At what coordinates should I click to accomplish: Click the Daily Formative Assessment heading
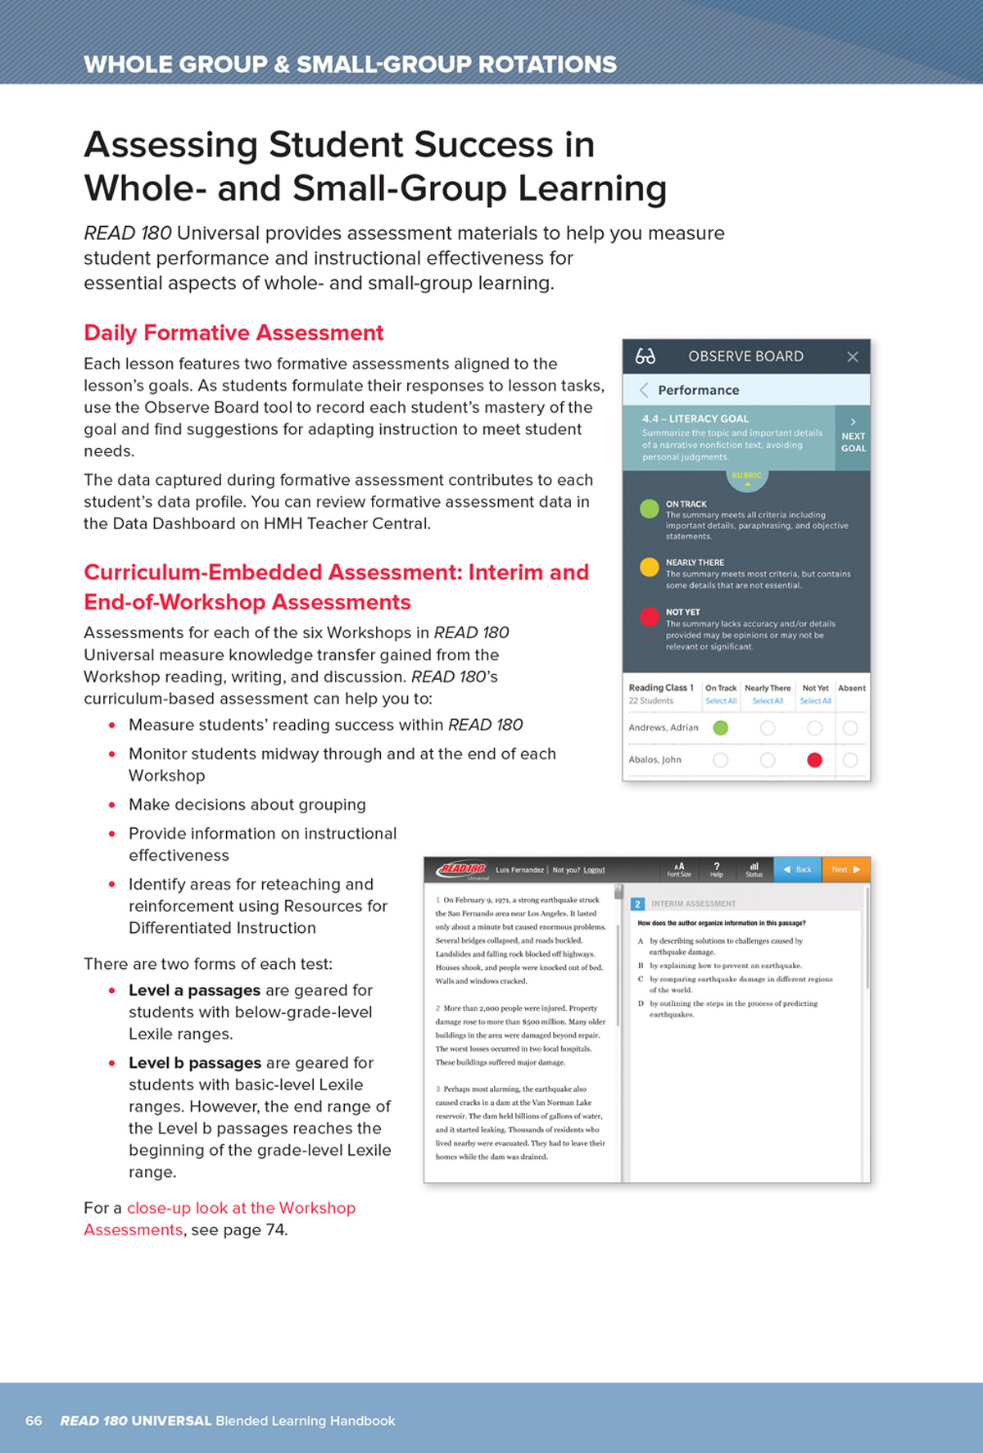tap(233, 333)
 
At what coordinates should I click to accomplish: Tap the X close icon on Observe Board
tap(852, 357)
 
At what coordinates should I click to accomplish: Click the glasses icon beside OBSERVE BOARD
tap(646, 356)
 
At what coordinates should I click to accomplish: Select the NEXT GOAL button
tap(853, 437)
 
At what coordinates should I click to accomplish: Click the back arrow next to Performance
tap(644, 390)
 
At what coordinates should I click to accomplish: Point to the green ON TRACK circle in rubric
tap(649, 509)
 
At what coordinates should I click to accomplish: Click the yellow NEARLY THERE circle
tap(649, 567)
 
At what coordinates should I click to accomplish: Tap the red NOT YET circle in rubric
tap(649, 617)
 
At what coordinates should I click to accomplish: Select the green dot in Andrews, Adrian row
tap(720, 727)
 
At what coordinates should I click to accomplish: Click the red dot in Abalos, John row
tap(814, 760)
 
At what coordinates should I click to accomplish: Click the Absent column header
tap(851, 688)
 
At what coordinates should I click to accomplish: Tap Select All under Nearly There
tap(768, 701)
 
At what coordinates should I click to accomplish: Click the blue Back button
tap(797, 870)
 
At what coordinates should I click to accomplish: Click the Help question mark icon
tap(717, 869)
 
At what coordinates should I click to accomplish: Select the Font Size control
tap(679, 869)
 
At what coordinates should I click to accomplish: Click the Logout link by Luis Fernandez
tap(594, 870)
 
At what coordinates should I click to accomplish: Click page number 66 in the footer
tap(34, 1420)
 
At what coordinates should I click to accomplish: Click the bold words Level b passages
tap(194, 1063)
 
